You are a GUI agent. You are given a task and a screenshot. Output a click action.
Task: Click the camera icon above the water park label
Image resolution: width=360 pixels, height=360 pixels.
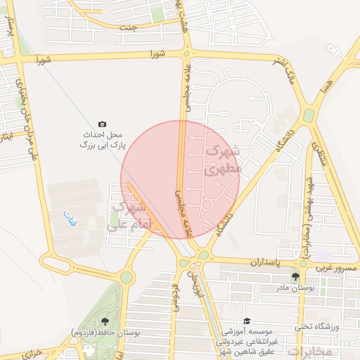pyautogui.click(x=103, y=124)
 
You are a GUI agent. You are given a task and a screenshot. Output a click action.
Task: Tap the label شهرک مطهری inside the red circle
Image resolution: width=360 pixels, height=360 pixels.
pyautogui.click(x=223, y=161)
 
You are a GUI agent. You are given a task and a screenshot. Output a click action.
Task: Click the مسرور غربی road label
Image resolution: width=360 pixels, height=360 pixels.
pyautogui.click(x=337, y=268)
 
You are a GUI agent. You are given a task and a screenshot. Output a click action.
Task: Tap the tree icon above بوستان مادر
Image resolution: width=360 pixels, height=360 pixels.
pyautogui.click(x=295, y=276)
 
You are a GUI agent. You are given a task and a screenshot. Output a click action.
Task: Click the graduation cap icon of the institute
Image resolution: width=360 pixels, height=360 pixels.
pyautogui.click(x=246, y=321)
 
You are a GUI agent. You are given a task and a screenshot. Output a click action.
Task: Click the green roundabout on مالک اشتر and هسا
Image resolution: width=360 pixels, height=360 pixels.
pyautogui.click(x=309, y=115)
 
